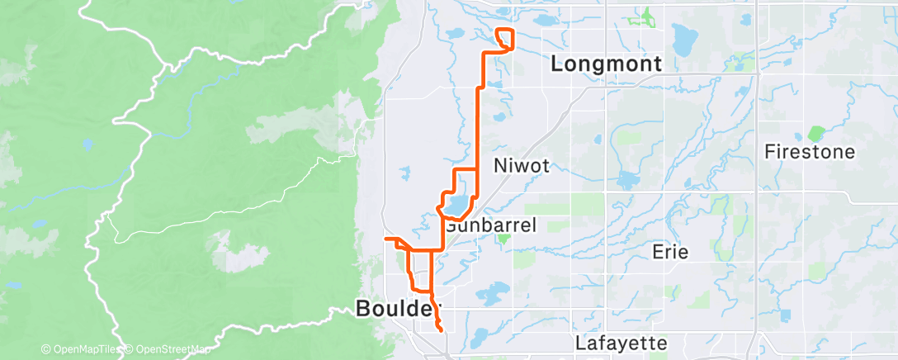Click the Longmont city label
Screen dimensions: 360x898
tap(606, 64)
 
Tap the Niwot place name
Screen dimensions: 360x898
tap(521, 165)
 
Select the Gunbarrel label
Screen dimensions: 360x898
tap(492, 225)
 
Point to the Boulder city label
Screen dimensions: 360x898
tap(394, 309)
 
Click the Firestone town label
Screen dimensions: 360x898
tap(809, 152)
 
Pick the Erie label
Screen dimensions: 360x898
tap(669, 251)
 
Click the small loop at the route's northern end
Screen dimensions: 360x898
tap(505, 39)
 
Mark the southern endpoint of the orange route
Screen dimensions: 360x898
tap(442, 330)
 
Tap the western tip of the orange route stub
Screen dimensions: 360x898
tap(385, 239)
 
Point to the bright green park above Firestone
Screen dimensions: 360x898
tap(815, 132)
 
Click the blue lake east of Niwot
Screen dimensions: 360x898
tap(627, 178)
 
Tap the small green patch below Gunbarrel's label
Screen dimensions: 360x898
tap(503, 239)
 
